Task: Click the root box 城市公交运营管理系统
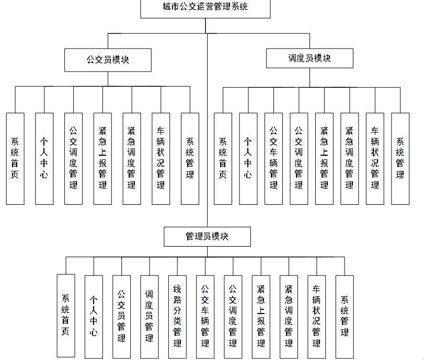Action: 205,8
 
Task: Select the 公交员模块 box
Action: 108,60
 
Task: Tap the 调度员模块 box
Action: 310,58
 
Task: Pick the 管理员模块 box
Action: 207,236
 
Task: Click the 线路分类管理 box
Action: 177,316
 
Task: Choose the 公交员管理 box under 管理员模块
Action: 121,316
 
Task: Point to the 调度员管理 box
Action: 150,316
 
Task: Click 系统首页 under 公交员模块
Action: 15,158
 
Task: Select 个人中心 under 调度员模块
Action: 248,158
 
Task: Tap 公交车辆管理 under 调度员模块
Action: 273,158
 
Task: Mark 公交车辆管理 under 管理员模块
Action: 205,316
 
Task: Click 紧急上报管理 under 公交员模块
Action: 102,158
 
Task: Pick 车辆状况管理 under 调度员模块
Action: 375,158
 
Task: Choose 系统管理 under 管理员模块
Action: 345,316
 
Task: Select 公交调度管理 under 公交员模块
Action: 73,158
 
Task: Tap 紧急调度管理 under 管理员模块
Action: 289,316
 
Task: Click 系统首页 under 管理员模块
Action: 65,316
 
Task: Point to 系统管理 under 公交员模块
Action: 190,158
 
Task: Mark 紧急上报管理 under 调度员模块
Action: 324,158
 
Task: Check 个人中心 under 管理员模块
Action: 94,316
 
